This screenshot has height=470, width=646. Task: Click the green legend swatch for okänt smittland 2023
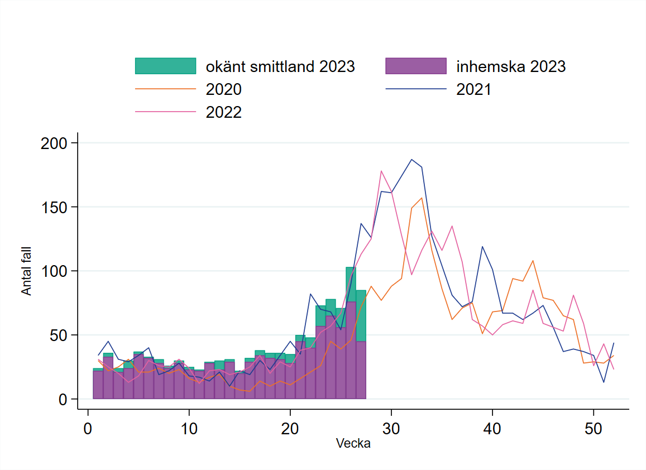click(166, 66)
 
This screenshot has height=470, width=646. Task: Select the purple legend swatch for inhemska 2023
click(416, 66)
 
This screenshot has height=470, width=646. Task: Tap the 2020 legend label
click(224, 89)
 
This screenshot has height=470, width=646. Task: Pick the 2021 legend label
click(474, 89)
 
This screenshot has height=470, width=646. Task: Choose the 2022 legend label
click(224, 112)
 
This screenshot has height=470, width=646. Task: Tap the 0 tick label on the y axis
click(63, 400)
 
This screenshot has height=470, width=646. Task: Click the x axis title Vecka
click(353, 444)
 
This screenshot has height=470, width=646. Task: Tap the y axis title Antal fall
click(26, 271)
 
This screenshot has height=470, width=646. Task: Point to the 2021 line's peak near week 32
click(411, 160)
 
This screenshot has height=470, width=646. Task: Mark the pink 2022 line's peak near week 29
click(381, 171)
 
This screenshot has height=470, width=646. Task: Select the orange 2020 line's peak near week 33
click(422, 198)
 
